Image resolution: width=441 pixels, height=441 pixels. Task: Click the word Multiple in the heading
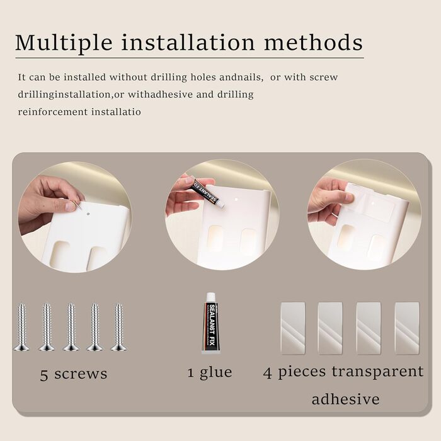(x=64, y=43)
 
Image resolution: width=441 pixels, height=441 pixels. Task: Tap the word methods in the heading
(x=313, y=42)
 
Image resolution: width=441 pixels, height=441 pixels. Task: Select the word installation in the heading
(x=188, y=42)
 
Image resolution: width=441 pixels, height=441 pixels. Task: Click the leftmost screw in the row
(x=21, y=327)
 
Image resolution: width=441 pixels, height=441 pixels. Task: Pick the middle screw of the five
(x=71, y=327)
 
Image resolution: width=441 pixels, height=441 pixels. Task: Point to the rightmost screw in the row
(x=118, y=327)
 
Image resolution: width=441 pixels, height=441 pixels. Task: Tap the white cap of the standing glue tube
(x=210, y=297)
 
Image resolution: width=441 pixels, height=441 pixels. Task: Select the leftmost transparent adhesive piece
(x=293, y=328)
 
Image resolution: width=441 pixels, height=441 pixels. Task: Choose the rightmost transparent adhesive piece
(x=407, y=328)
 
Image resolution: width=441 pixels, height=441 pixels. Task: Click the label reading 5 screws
(x=74, y=374)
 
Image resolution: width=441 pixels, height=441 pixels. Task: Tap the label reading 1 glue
(x=210, y=373)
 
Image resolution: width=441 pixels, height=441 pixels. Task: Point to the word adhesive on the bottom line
(x=346, y=399)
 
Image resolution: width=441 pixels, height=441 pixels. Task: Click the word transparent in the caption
(x=377, y=372)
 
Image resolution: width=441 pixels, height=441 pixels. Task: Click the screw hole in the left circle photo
(x=88, y=214)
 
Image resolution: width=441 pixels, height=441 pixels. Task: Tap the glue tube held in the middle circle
(x=208, y=193)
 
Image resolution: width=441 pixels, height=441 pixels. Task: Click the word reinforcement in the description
(x=53, y=112)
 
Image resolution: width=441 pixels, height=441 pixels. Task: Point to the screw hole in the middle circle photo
(x=236, y=200)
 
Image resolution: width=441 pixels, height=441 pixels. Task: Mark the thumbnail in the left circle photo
(x=71, y=207)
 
